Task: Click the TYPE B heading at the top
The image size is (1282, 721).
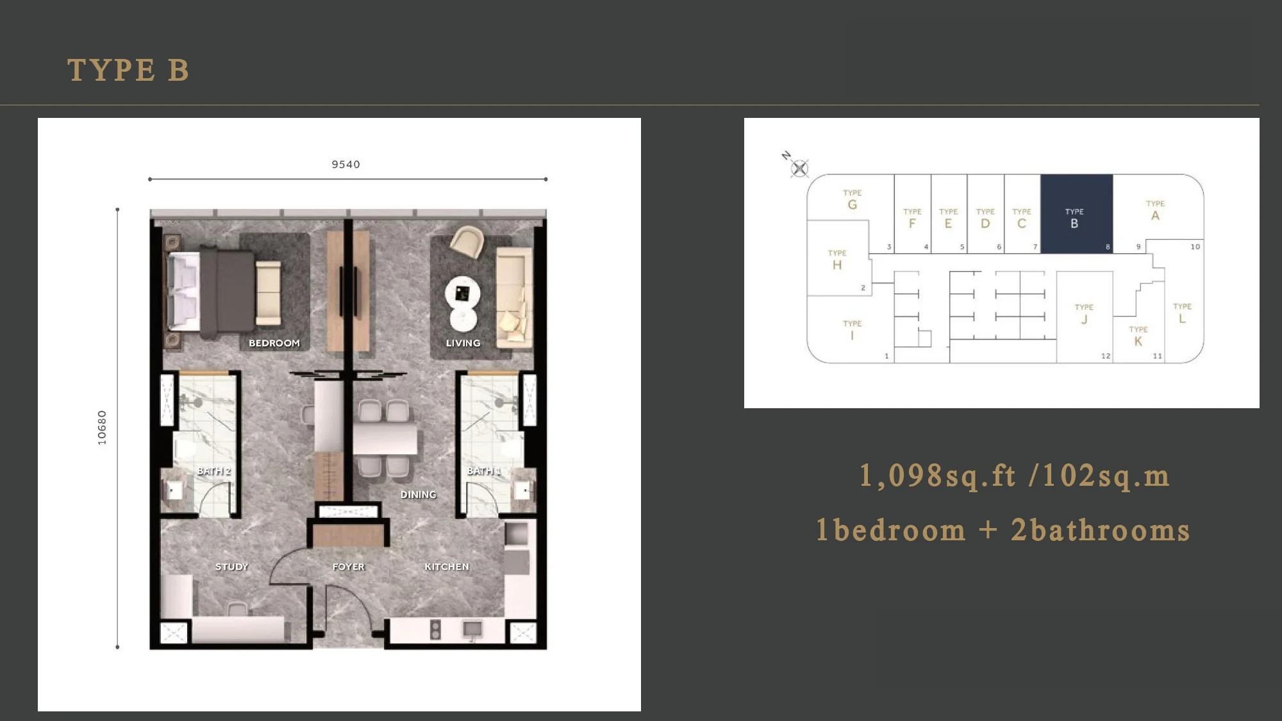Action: click(x=128, y=70)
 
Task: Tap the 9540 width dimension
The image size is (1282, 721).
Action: click(x=345, y=165)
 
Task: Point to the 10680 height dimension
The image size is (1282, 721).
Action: click(x=102, y=427)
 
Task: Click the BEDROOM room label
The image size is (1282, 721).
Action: click(x=274, y=344)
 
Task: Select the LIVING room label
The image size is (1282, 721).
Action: click(x=463, y=344)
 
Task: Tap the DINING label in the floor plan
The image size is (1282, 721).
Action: click(x=418, y=495)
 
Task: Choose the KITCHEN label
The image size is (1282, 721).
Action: click(x=447, y=567)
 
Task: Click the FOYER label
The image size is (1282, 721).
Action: click(x=348, y=567)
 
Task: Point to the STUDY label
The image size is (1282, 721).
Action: click(x=231, y=567)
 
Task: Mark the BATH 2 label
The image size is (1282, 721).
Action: click(x=213, y=471)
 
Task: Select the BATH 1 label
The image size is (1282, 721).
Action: click(x=484, y=471)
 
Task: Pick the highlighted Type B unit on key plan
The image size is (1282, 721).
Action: click(x=1076, y=213)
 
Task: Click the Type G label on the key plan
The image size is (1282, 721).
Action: click(x=852, y=200)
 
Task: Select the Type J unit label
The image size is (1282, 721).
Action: click(x=1084, y=314)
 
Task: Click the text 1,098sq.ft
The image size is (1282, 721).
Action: click(x=938, y=476)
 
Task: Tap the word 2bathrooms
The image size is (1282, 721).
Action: click(x=1100, y=531)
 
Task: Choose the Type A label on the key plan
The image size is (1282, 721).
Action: click(x=1155, y=211)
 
